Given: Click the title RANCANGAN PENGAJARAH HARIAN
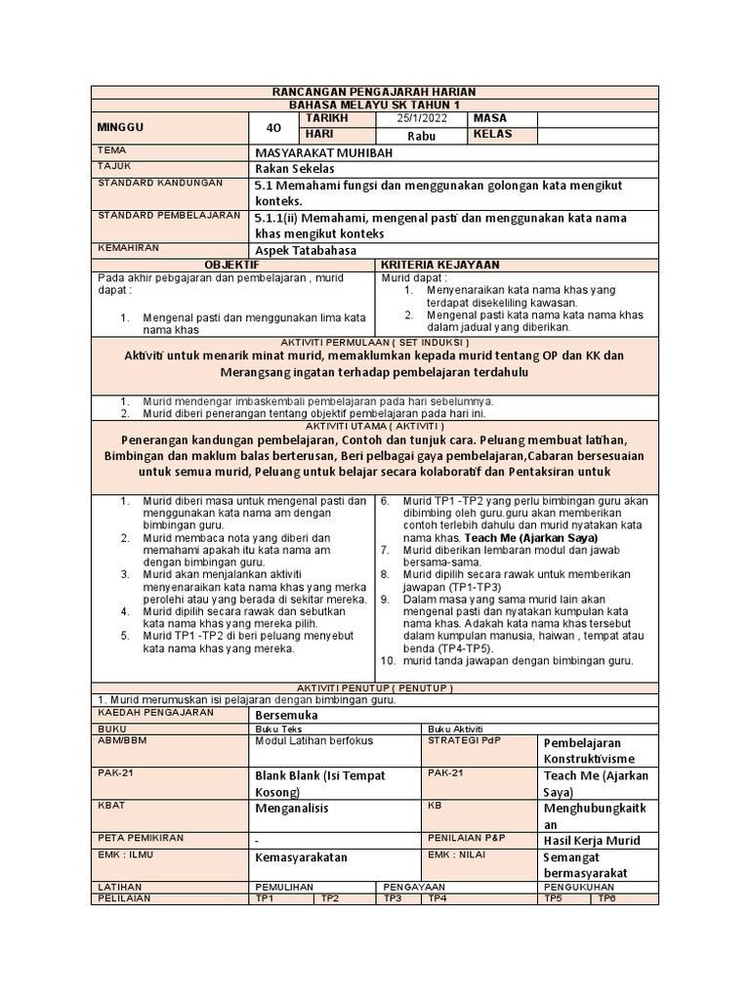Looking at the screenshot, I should (x=375, y=91).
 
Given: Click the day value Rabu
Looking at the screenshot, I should (x=420, y=136).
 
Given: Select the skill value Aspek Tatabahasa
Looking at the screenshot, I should (x=306, y=251).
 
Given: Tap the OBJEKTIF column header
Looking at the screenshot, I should (x=231, y=265).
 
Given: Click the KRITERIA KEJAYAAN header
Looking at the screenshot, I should (x=439, y=265).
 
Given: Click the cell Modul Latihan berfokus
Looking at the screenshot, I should (x=313, y=741).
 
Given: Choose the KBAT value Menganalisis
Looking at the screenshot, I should (x=292, y=809).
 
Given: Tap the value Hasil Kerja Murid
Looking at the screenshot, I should (x=592, y=840).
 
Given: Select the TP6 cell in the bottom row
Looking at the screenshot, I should (x=606, y=898).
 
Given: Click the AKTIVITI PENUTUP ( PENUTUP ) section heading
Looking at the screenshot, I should (x=375, y=687).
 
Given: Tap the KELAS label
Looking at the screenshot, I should (x=493, y=135).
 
